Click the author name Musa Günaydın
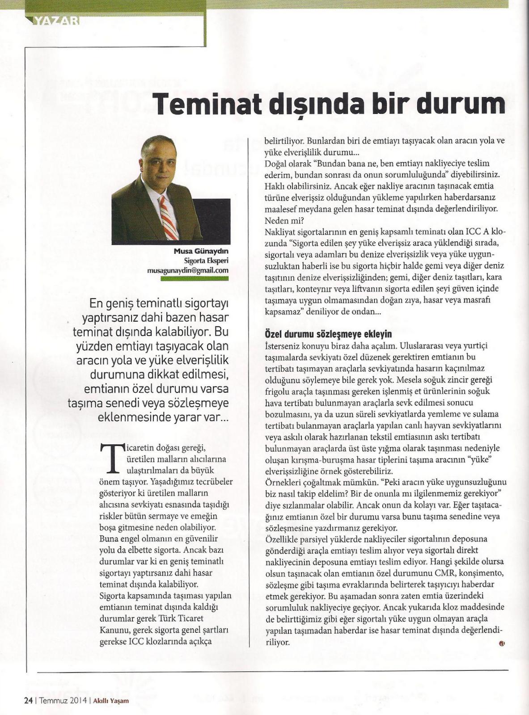[201, 252]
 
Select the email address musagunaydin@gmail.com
[188, 271]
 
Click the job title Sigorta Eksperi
[206, 261]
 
